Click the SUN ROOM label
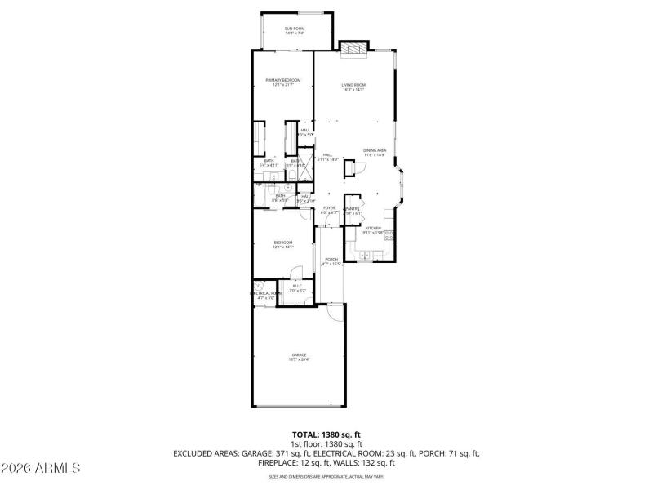294,31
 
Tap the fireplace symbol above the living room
353,48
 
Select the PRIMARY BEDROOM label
282,82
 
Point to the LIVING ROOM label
353,87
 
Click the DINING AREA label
375,153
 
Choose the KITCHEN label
374,229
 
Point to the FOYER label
329,210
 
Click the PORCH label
331,261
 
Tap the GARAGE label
299,356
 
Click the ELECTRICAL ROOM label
265,295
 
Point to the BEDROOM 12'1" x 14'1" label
282,244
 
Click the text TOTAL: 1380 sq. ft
326,434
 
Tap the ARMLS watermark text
41,469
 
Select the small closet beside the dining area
349,168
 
